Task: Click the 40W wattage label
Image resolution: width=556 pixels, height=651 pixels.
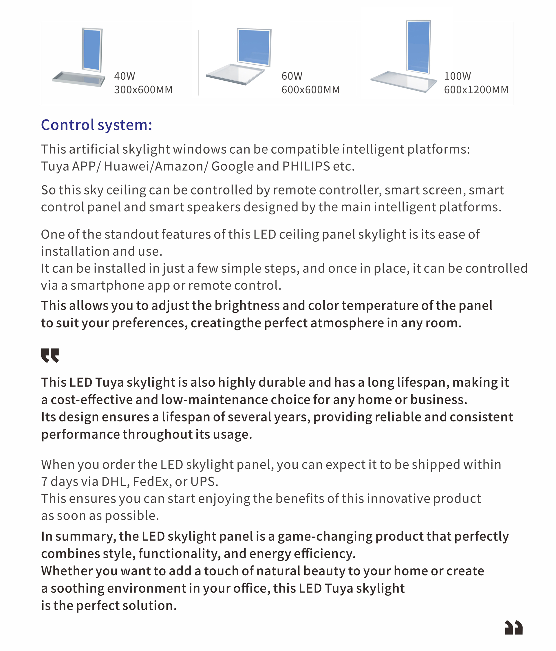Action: tap(125, 76)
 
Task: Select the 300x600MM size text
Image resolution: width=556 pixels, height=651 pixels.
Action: tap(143, 90)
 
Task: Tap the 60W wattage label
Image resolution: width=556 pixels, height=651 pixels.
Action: tap(292, 76)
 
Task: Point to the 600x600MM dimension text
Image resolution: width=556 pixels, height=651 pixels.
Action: tap(310, 90)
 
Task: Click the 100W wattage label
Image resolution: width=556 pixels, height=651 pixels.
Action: tap(458, 76)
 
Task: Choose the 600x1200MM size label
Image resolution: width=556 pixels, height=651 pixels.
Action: tap(476, 90)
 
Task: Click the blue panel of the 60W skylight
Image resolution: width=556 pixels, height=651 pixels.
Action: tap(254, 47)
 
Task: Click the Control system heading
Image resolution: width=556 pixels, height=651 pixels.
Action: tap(96, 125)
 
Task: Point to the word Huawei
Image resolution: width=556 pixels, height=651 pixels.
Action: tap(127, 166)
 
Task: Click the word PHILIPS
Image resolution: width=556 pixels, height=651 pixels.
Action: tap(306, 166)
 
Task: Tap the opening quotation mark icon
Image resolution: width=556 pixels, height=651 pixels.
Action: tap(50, 355)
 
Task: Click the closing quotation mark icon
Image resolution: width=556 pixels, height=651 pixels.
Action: tap(514, 628)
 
